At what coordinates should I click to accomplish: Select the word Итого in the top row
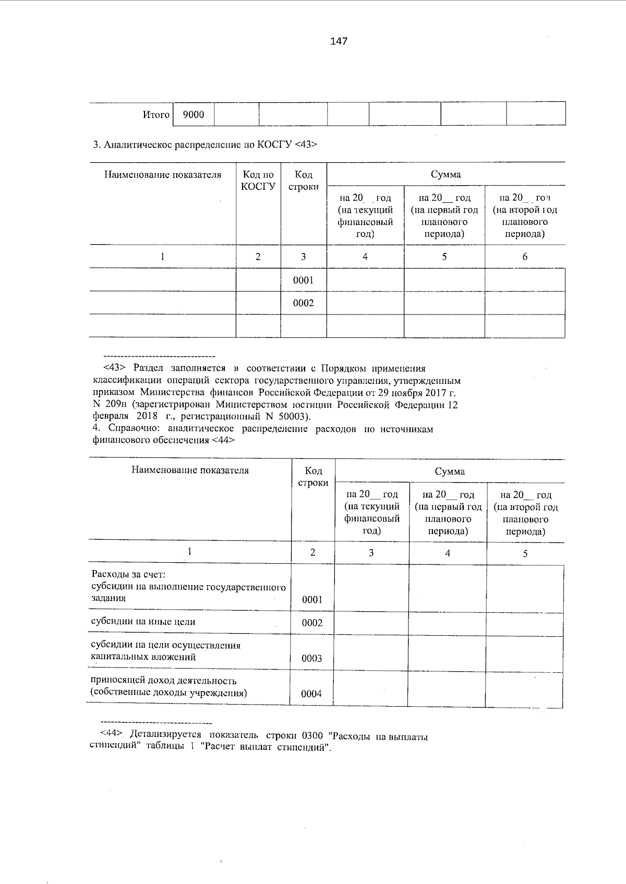pyautogui.click(x=156, y=115)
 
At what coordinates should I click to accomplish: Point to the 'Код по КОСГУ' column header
pyautogui.click(x=258, y=180)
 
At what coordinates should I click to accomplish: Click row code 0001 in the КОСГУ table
pyautogui.click(x=303, y=280)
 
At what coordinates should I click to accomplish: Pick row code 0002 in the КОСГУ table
pyautogui.click(x=303, y=303)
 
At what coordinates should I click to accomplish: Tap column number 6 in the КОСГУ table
pyautogui.click(x=525, y=257)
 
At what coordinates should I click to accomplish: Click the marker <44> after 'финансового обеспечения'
pyautogui.click(x=223, y=440)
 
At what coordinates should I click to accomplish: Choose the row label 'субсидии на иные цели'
pyautogui.click(x=143, y=622)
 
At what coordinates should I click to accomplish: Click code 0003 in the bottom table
pyautogui.click(x=312, y=658)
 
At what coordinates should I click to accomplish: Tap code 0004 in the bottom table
pyautogui.click(x=312, y=694)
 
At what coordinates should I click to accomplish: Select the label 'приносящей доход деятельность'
pyautogui.click(x=164, y=681)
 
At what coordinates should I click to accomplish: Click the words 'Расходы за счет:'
pyautogui.click(x=128, y=575)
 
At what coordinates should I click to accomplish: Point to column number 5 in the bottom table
pyautogui.click(x=525, y=553)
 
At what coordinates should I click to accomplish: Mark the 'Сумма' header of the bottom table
pyautogui.click(x=450, y=471)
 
